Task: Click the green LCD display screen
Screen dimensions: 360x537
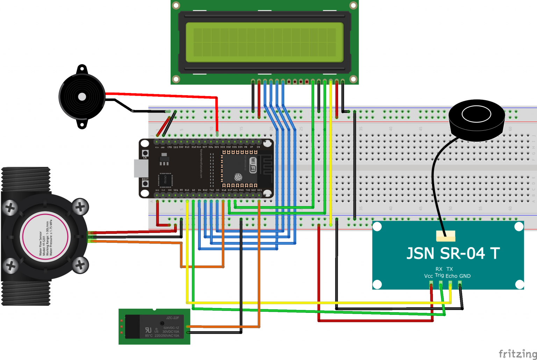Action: [264, 42]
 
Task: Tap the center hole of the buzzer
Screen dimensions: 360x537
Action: [82, 97]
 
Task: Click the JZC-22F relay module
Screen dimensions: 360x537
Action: [154, 326]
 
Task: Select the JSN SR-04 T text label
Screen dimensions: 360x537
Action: [453, 253]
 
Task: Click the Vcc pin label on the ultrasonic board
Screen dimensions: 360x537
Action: [428, 276]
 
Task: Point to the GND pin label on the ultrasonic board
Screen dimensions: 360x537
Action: [465, 276]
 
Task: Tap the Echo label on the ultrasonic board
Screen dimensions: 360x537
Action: [451, 276]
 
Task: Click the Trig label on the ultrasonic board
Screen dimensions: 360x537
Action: [439, 275]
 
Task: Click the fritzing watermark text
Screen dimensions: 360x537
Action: [517, 353]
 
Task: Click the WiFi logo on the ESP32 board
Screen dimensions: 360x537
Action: [253, 165]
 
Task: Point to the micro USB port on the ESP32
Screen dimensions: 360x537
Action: [141, 168]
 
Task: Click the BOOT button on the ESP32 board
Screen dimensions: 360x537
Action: [145, 183]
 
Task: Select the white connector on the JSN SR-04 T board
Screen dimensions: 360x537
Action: [446, 236]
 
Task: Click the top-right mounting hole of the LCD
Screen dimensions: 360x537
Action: [353, 5]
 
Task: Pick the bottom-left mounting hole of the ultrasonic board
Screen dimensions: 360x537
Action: [377, 284]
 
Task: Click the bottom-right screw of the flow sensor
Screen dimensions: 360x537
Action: [80, 265]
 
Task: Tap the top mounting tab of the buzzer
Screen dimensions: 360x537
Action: [82, 69]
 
